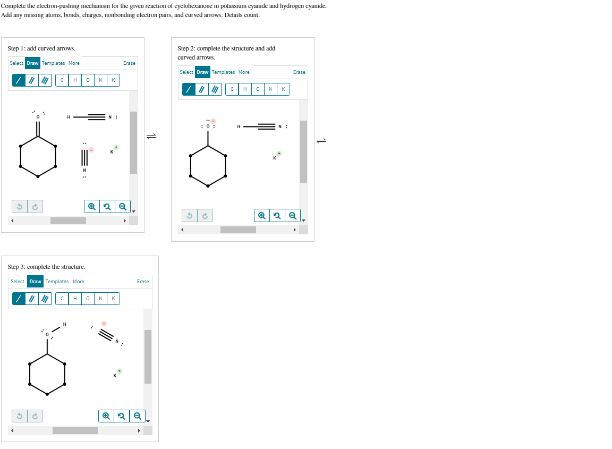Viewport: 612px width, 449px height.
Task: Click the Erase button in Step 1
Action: [x=129, y=63]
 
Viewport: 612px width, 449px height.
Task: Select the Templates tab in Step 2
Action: [x=223, y=72]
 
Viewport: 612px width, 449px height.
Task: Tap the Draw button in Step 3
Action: [x=36, y=282]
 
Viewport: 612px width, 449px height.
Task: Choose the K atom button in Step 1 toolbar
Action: [x=113, y=80]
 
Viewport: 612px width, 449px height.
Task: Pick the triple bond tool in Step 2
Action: [x=215, y=89]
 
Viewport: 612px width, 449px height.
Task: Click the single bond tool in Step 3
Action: [x=19, y=299]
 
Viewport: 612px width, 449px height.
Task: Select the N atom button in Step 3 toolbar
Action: [x=100, y=299]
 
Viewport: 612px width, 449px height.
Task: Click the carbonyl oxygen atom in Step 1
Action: [x=38, y=116]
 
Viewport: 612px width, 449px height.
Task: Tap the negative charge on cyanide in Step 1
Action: [x=91, y=150]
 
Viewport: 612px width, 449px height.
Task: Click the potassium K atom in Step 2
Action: [x=275, y=158]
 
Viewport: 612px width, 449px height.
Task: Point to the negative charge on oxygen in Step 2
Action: [x=214, y=121]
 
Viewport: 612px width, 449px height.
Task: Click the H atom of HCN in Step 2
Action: [x=239, y=126]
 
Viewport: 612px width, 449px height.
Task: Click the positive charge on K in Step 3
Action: [x=120, y=371]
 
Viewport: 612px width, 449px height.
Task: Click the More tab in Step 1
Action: [x=74, y=63]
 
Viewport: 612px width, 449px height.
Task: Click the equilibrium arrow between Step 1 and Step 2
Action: [x=151, y=136]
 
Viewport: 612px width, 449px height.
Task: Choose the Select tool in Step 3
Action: [x=18, y=282]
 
